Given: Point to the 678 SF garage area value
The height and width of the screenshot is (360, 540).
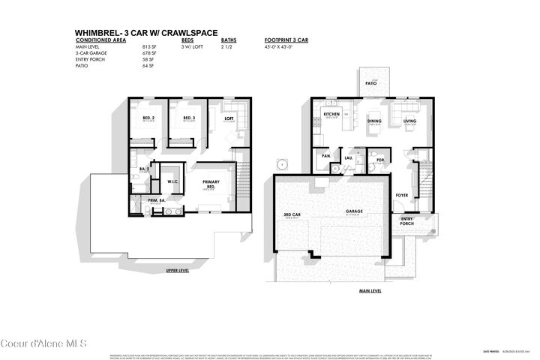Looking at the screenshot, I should (148, 54).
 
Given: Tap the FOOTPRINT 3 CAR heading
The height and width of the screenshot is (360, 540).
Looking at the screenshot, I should (286, 40).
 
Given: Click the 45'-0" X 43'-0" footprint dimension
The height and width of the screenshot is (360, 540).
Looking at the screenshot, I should (281, 47).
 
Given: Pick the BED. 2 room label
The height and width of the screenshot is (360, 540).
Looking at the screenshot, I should (148, 118).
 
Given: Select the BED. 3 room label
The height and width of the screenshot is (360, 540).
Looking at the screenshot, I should (188, 118).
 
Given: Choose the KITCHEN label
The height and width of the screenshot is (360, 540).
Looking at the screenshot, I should (331, 114).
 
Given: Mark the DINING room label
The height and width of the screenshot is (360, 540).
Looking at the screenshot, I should (373, 120).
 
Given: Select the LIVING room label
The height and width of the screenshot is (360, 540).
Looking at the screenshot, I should (410, 120).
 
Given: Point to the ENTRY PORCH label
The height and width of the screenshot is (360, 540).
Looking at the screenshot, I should (406, 221).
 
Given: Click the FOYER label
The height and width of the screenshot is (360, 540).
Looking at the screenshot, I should (402, 195).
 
